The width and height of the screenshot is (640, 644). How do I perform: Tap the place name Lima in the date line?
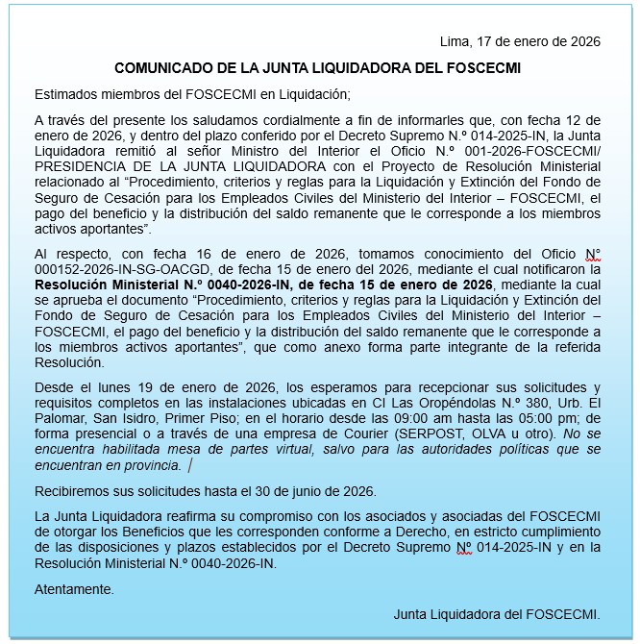[x=453, y=41]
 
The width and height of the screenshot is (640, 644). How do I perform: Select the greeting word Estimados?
[x=66, y=94]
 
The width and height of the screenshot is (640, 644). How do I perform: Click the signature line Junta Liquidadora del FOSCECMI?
[x=497, y=613]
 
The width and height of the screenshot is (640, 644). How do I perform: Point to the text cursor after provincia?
[x=190, y=465]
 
